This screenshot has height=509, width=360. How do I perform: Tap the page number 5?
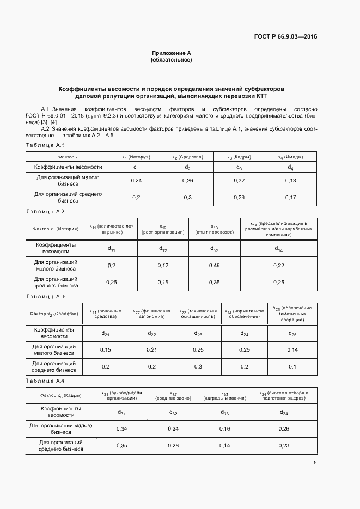(x=315, y=463)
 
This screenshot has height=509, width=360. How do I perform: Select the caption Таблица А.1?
(x=45, y=145)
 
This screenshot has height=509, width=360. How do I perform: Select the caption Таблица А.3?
(x=45, y=296)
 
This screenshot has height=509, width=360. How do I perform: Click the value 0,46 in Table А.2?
(x=215, y=265)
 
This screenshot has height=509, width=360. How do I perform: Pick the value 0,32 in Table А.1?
(x=238, y=180)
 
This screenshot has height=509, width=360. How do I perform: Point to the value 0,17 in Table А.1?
(x=290, y=197)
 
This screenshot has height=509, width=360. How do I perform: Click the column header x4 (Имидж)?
(x=290, y=157)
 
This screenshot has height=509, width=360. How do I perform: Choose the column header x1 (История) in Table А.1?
(x=136, y=157)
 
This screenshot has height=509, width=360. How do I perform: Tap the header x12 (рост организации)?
(x=163, y=229)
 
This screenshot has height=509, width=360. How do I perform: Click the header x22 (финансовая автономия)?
(x=152, y=314)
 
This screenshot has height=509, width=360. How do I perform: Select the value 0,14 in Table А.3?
(x=292, y=349)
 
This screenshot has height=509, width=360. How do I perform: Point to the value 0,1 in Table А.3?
(x=292, y=367)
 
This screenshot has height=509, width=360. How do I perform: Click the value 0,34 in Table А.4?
(x=121, y=429)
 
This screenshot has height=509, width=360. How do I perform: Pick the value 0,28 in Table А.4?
(x=173, y=446)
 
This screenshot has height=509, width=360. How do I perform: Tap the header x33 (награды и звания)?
(x=225, y=395)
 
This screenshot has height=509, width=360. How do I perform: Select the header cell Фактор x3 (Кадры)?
(x=61, y=395)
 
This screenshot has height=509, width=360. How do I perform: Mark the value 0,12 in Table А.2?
(x=163, y=265)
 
